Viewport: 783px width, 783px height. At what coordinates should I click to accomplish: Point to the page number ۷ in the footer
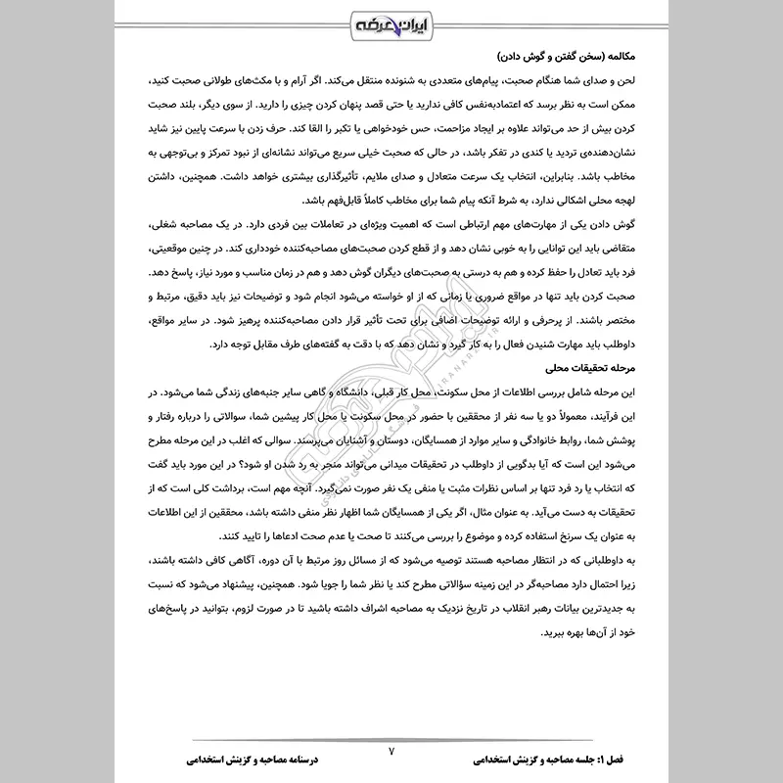[391, 751]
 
